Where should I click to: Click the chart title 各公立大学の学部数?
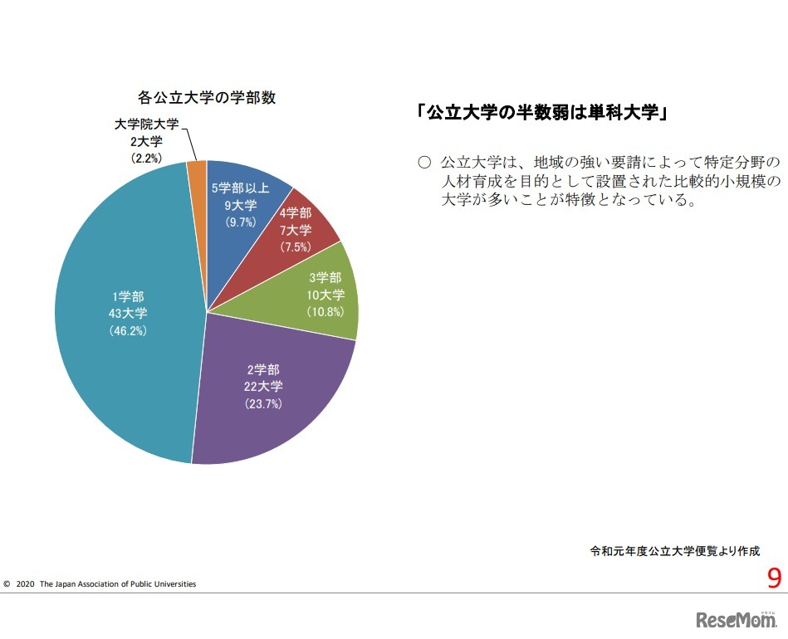(207, 97)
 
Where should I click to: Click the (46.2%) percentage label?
(129, 330)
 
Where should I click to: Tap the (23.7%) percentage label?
(263, 404)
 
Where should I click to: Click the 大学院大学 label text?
(146, 124)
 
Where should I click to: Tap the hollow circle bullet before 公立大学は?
(424, 161)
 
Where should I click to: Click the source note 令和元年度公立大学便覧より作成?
(674, 550)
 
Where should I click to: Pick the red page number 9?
(774, 578)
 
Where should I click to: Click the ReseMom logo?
(736, 619)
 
